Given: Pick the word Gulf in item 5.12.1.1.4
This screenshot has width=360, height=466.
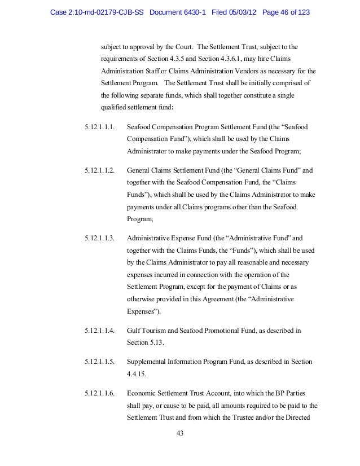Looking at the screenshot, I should point(134,329).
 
